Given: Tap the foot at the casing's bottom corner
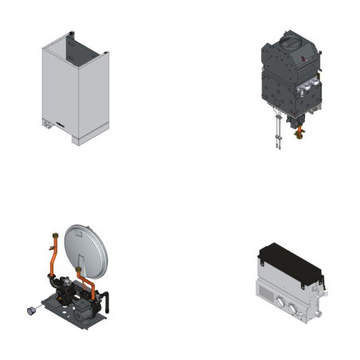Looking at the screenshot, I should (x=76, y=141).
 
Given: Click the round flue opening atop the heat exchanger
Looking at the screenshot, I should (x=290, y=40).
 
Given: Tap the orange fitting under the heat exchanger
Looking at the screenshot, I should (x=299, y=131).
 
